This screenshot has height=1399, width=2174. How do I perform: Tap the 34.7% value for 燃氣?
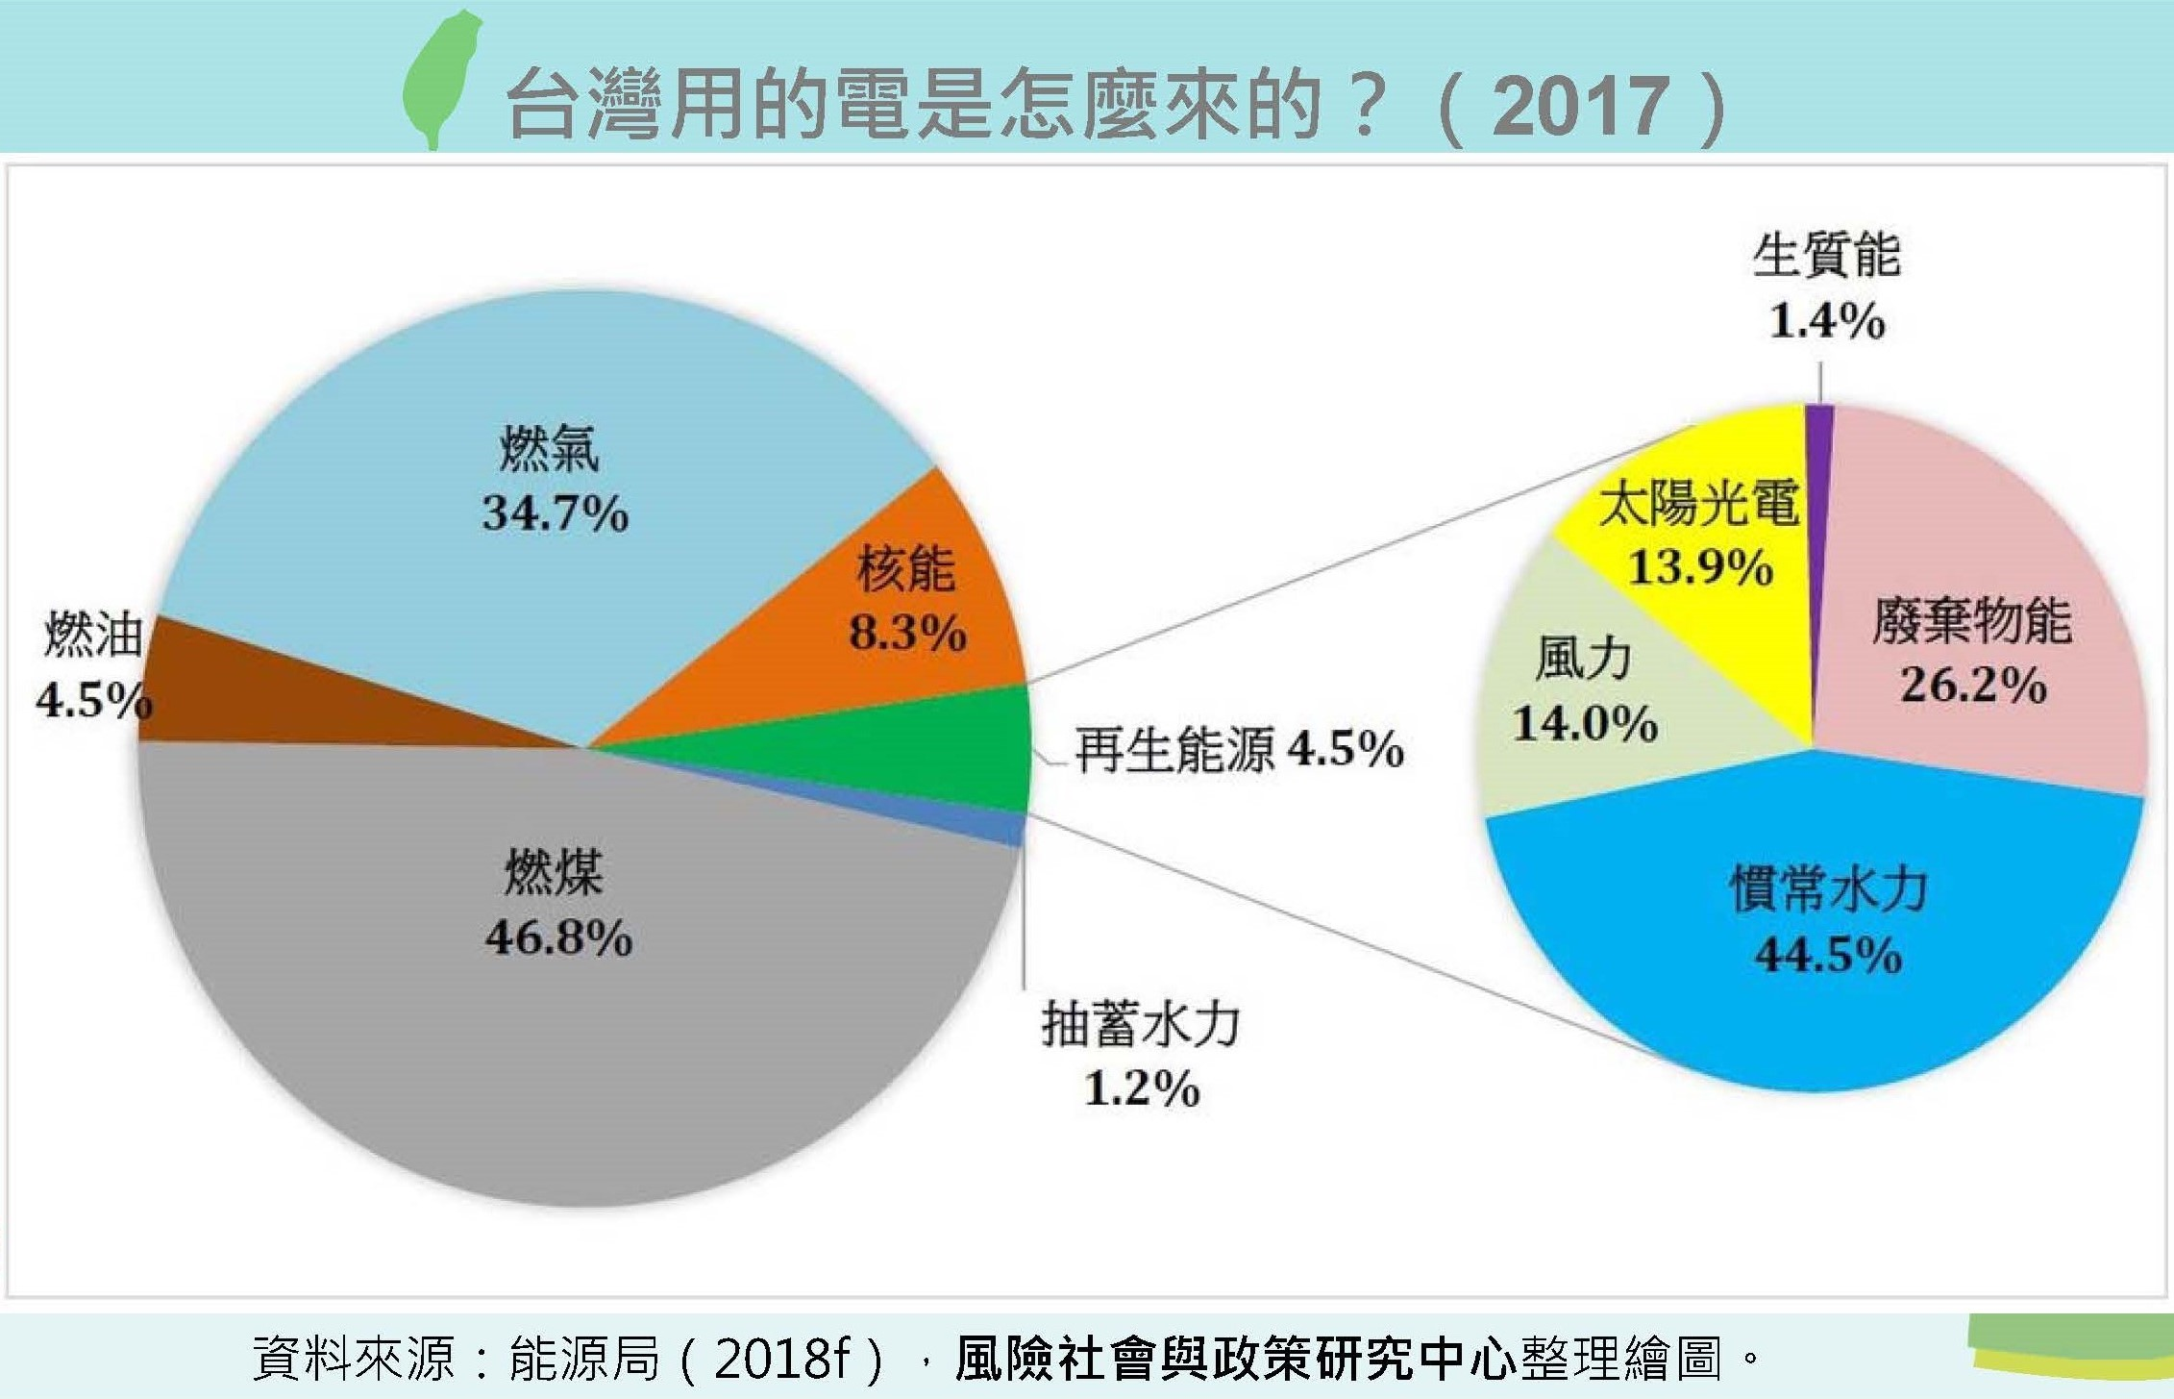click(x=556, y=512)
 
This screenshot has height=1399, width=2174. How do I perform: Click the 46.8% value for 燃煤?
click(x=558, y=937)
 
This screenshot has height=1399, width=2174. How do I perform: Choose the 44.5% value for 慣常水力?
click(x=1828, y=955)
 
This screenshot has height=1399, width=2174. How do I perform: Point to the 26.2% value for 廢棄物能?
click(x=1972, y=685)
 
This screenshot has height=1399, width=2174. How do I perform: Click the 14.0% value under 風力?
click(x=1585, y=723)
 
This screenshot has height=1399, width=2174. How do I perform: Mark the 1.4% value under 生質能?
click(x=1826, y=321)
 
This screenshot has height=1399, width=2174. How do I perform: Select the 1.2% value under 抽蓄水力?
click(x=1142, y=1088)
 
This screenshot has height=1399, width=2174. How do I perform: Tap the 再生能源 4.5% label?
click(x=1239, y=749)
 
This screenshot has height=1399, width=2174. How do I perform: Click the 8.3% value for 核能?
click(x=907, y=633)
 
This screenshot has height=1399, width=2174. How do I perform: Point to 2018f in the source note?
click(x=782, y=1359)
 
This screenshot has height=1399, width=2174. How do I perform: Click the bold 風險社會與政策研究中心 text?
click(x=1236, y=1359)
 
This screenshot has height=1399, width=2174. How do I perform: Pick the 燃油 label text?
click(x=93, y=636)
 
